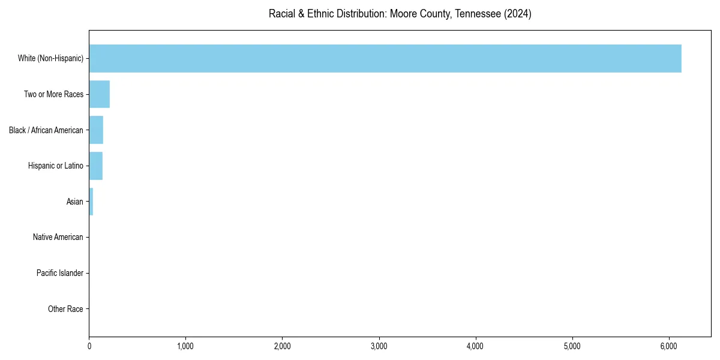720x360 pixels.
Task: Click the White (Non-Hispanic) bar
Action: (385, 58)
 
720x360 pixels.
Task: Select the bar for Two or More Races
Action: (100, 94)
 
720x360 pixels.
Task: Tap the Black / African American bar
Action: (96, 130)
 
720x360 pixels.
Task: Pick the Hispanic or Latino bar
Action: (96, 166)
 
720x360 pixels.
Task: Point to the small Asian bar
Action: (91, 202)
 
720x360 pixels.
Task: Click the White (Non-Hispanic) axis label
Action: (50, 58)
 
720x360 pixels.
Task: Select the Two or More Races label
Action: (53, 94)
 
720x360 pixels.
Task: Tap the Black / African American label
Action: (46, 130)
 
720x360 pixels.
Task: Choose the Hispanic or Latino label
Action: (56, 166)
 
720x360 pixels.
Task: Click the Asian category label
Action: (75, 202)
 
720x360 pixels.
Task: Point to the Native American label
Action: (58, 237)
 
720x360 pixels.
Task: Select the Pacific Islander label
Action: (60, 273)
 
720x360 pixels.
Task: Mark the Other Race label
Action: (65, 309)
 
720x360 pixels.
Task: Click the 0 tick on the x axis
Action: (89, 346)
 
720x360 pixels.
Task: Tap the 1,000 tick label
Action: (185, 346)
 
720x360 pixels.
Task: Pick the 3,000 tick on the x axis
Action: (379, 346)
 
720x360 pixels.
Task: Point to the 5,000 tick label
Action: (572, 346)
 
